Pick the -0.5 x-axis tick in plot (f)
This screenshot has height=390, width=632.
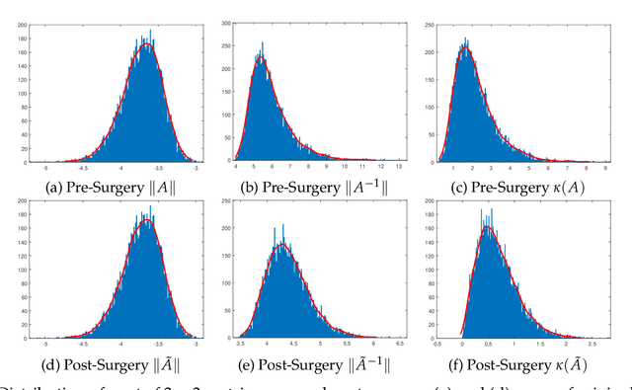[439, 342]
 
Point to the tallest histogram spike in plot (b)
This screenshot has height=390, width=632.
[261, 43]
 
